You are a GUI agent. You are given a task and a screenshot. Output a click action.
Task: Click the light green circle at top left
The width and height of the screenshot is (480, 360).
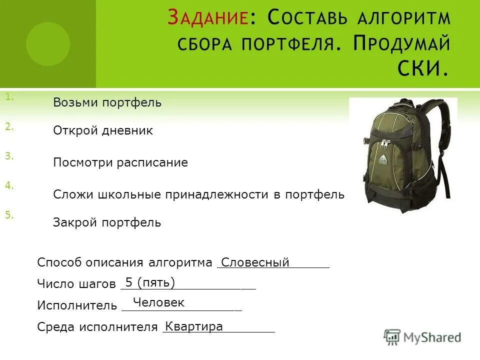click(48, 44)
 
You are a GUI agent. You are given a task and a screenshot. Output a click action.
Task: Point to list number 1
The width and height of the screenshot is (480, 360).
click(9, 97)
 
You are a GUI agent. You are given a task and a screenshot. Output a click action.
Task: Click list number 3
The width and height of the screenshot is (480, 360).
click(9, 156)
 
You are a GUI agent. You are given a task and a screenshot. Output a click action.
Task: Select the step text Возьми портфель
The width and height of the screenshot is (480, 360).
click(107, 103)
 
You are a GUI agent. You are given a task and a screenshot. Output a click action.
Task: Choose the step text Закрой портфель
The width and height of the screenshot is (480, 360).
click(107, 223)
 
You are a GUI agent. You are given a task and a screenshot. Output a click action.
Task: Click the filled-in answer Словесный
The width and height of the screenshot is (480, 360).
click(255, 262)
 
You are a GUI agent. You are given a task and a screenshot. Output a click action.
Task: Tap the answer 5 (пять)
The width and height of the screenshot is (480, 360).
click(150, 282)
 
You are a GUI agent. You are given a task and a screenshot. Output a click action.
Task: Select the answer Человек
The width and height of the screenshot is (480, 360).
click(158, 302)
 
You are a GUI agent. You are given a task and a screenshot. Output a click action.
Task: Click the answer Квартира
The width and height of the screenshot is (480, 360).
click(194, 326)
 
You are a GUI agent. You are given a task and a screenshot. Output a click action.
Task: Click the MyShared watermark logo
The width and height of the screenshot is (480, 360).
click(423, 337)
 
